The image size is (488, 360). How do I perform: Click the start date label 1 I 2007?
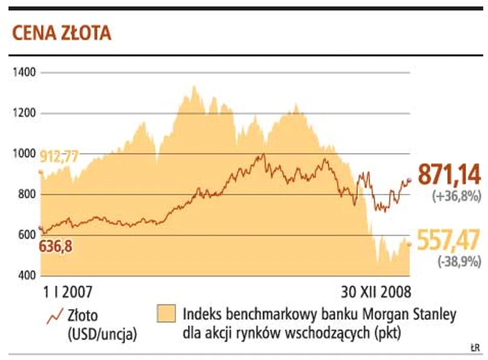67,291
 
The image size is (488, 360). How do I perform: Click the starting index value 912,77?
59,156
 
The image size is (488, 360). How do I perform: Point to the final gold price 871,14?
449,175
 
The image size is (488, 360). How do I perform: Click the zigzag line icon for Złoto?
55,315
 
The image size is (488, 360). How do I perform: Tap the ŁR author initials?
475,348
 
